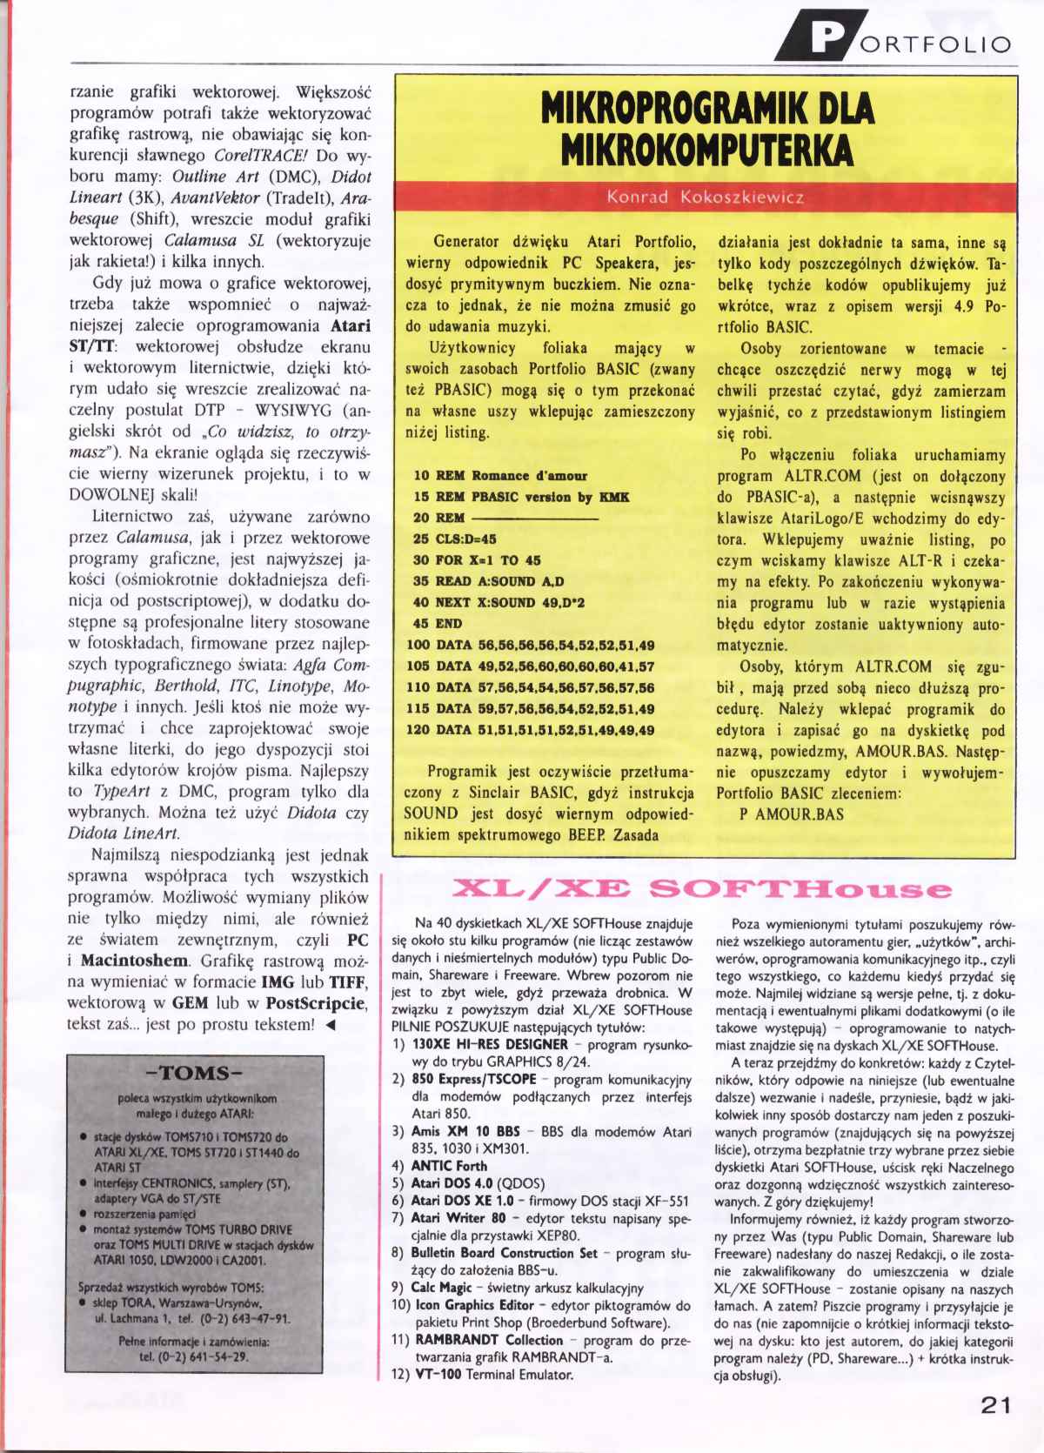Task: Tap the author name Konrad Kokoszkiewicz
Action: tap(705, 198)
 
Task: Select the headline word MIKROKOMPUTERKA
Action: tap(705, 151)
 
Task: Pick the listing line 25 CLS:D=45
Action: tap(454, 539)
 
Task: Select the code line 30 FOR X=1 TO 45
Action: tap(476, 560)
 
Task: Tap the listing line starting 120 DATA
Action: tap(530, 730)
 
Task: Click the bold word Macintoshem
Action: tap(134, 961)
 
